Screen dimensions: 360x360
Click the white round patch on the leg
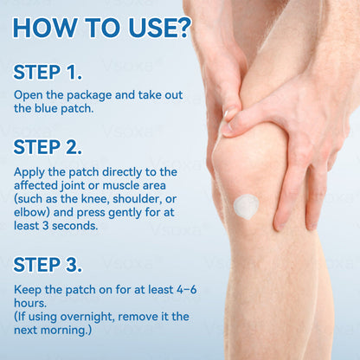click(247, 207)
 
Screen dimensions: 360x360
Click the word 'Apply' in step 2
click(29, 171)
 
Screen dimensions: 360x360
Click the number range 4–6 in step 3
click(183, 288)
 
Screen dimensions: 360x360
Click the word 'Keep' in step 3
click(28, 288)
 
